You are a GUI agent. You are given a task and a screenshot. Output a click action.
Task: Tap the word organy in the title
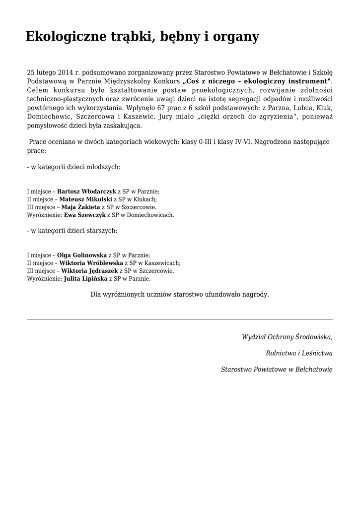[x=235, y=37]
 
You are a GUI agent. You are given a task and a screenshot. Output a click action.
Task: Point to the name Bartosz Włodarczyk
[x=87, y=191]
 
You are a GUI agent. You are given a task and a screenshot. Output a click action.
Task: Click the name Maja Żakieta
[x=81, y=207]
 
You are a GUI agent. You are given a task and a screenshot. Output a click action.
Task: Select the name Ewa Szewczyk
[x=85, y=215]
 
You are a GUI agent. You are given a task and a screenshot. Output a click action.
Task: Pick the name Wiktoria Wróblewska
[x=91, y=262]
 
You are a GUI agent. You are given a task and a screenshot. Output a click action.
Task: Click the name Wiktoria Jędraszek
[x=89, y=270]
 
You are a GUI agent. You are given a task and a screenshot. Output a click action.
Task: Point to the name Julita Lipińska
[x=85, y=278]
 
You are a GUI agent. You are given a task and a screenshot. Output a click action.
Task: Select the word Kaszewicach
[x=162, y=262]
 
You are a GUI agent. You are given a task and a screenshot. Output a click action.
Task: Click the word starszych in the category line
[x=101, y=231]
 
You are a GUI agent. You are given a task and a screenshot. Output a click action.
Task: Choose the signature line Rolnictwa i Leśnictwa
[x=299, y=353]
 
